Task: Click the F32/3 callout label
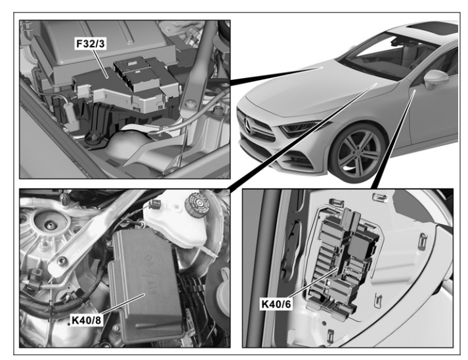point(91,44)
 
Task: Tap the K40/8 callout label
point(87,320)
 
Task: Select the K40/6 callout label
point(276,304)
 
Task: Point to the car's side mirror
point(435,79)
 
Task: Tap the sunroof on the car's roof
point(433,28)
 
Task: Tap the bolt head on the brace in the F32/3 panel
point(190,104)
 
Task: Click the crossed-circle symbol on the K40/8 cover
point(148,260)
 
